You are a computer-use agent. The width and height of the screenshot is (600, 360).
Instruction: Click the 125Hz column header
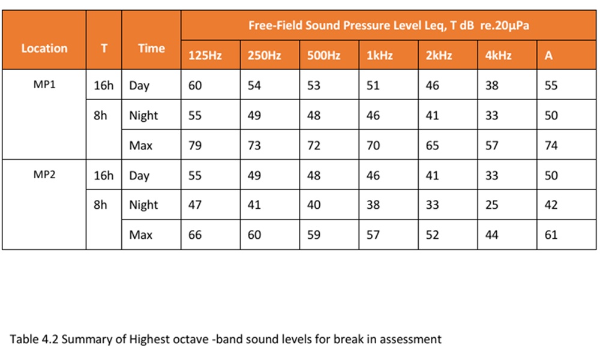tap(205, 55)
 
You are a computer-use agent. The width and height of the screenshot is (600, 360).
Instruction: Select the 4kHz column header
tap(498, 55)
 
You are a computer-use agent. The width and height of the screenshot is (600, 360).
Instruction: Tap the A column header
tap(548, 55)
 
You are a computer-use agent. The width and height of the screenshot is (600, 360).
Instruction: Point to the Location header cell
tap(44, 48)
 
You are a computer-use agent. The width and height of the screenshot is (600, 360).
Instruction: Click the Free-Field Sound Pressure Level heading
tap(388, 26)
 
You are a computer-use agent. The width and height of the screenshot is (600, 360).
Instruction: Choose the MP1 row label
tap(44, 84)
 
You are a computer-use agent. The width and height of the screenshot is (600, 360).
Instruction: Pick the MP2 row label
tap(44, 175)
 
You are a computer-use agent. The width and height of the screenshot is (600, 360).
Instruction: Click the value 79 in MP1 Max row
tap(195, 145)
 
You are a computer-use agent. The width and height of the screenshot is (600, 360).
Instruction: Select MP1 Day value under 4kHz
tap(492, 85)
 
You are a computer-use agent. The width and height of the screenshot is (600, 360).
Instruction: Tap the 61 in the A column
tap(551, 235)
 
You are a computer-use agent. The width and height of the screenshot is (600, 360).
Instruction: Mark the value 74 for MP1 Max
tap(551, 145)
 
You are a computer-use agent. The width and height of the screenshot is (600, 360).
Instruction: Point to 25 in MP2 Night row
tap(492, 205)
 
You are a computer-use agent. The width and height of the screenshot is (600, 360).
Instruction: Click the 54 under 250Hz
tap(254, 85)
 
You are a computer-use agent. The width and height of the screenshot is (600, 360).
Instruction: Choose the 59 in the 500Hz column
tap(314, 235)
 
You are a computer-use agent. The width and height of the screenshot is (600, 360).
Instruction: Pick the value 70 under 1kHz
tap(373, 145)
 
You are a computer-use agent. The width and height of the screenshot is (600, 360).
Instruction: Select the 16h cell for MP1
tap(104, 85)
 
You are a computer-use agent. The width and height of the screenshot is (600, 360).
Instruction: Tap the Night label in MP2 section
tap(143, 205)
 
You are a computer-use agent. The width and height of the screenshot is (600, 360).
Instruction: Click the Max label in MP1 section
tap(141, 145)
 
